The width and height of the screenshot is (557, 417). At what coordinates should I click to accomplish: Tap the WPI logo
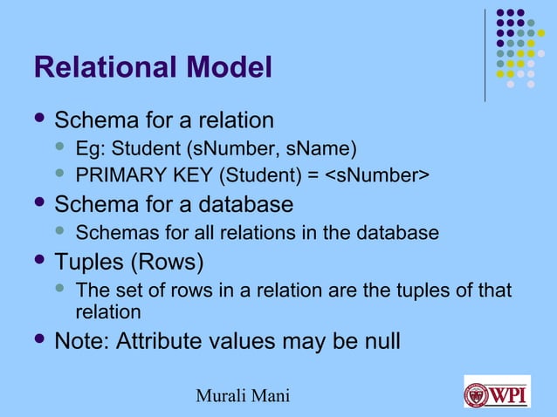click(x=497, y=391)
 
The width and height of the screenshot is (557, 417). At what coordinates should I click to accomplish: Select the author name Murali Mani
click(x=244, y=398)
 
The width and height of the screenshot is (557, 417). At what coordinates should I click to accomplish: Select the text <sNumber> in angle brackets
click(x=377, y=176)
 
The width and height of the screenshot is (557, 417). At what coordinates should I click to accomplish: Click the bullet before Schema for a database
click(x=38, y=204)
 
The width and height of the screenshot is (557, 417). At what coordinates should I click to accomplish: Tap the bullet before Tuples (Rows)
click(x=38, y=261)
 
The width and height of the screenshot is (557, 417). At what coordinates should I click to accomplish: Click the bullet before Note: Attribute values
click(x=38, y=340)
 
